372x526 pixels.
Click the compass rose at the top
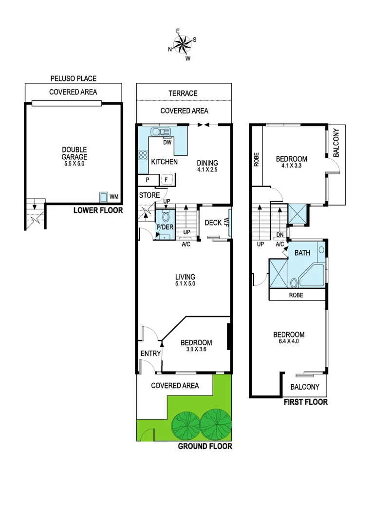point(183,45)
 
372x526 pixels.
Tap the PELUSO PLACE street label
point(73,78)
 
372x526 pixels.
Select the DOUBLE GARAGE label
point(74,153)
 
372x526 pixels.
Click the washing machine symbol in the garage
point(104,197)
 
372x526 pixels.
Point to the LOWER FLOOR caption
point(97,211)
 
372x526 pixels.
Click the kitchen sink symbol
point(161,132)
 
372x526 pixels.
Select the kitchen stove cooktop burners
point(144,155)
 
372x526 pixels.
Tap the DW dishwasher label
point(167,143)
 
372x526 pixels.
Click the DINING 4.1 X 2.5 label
point(207,167)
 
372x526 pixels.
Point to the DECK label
point(213,223)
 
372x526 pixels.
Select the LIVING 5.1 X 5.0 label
point(185,280)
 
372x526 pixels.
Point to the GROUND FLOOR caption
point(205,446)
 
